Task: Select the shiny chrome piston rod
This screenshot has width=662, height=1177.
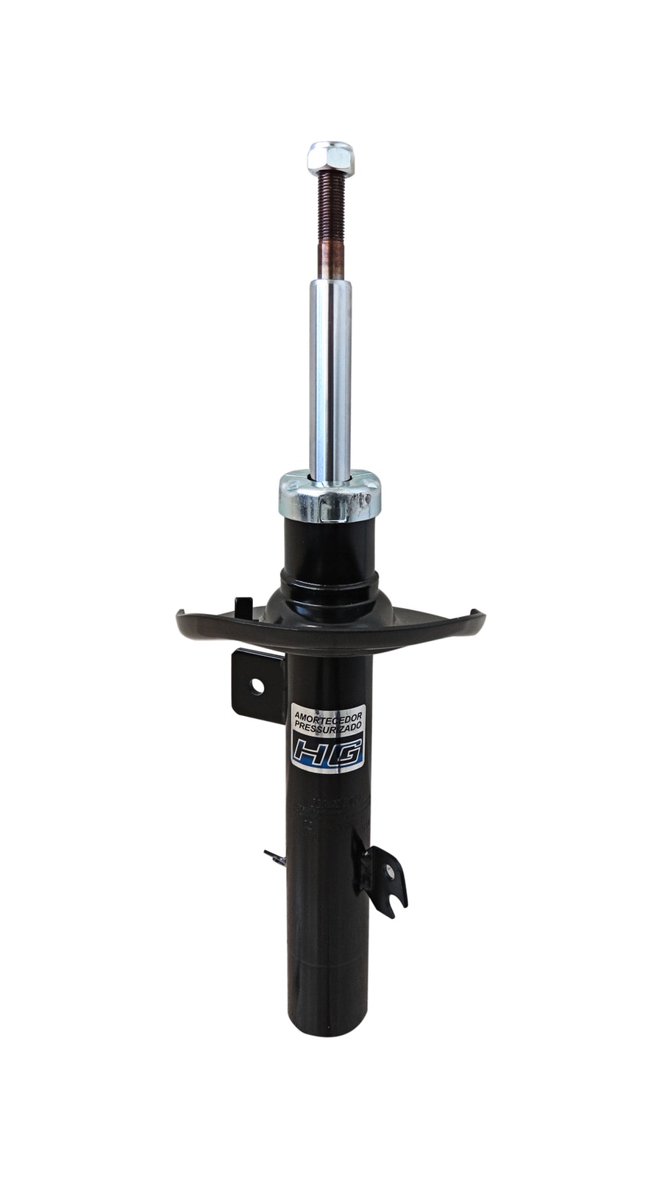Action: (x=330, y=375)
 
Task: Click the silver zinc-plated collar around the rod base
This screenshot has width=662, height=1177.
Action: (x=329, y=498)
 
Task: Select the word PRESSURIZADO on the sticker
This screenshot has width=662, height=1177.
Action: (x=327, y=725)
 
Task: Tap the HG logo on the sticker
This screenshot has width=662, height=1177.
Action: (x=327, y=751)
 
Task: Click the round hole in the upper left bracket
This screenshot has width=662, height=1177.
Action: (x=257, y=686)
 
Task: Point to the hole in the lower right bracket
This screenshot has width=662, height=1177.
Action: (x=389, y=875)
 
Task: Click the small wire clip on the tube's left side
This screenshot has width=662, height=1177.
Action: (x=274, y=856)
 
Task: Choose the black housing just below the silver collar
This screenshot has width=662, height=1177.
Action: (x=329, y=544)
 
